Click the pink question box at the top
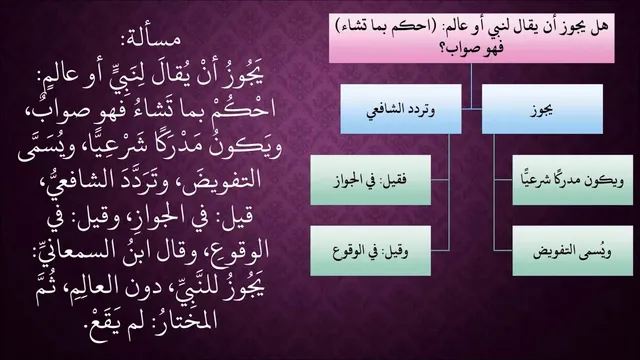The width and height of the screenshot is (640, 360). click(x=471, y=38)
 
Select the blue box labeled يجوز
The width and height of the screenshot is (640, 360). click(x=542, y=109)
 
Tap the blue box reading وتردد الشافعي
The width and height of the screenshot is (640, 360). click(x=401, y=109)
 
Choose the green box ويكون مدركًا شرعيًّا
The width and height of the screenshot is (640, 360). click(x=573, y=180)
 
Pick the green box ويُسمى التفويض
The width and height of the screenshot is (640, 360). click(x=573, y=251)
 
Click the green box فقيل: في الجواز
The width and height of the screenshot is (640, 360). click(x=371, y=180)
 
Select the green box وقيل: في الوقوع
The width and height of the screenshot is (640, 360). click(x=371, y=251)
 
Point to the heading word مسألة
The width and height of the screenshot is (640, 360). click(x=150, y=40)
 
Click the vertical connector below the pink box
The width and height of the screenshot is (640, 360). click(x=471, y=86)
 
